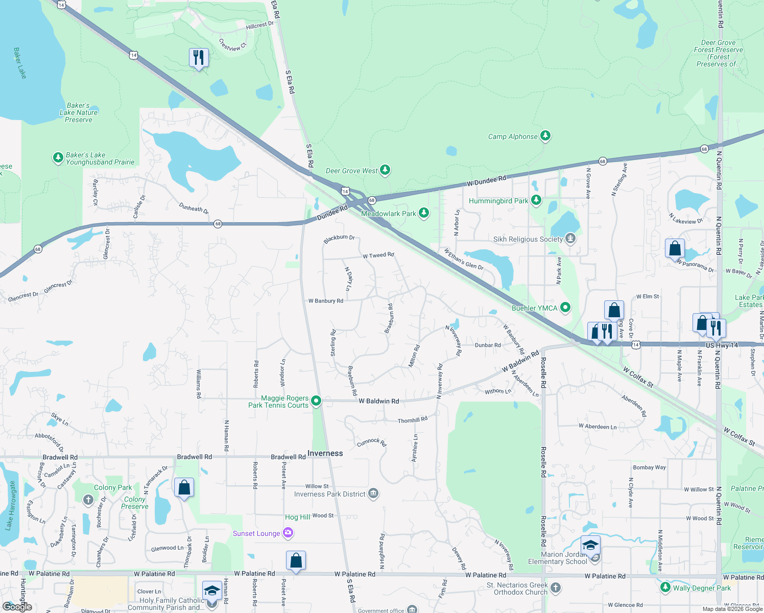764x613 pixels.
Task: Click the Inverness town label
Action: point(325,454)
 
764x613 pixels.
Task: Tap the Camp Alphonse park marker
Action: point(546,136)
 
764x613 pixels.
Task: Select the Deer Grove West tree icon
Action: point(385,170)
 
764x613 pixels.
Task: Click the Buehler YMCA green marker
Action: point(565,308)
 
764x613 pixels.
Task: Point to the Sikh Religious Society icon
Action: point(570,239)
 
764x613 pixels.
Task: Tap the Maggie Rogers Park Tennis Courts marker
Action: point(316,401)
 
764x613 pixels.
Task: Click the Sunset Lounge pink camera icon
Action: point(288,533)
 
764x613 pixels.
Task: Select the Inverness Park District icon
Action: point(373,493)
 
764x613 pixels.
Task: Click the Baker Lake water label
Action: point(20,63)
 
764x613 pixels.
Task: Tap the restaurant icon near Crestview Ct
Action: point(199,58)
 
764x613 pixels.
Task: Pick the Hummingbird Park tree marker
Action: point(536,200)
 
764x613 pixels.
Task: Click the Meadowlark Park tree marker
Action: point(423,213)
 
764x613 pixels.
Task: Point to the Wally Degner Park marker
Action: point(665,587)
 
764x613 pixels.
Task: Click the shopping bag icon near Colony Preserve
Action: point(184,487)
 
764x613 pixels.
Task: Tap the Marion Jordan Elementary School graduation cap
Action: point(590,546)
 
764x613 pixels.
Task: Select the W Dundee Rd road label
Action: point(486,180)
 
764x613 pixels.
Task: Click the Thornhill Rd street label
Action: point(413,420)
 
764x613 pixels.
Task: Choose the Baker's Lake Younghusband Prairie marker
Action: point(58,158)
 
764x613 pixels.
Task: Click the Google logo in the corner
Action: point(17,606)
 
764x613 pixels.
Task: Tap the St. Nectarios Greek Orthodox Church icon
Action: point(556,588)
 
